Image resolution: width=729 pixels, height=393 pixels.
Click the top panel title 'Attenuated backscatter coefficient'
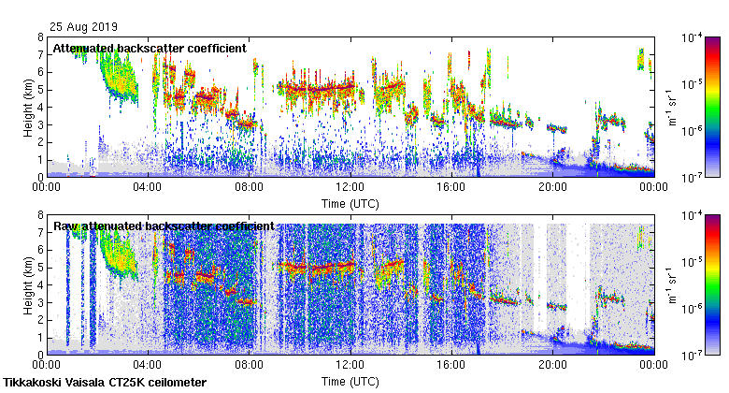coord(150,48)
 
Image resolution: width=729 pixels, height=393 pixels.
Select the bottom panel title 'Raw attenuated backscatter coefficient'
coord(164,226)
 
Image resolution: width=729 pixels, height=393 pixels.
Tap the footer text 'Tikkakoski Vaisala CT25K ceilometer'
coord(105,383)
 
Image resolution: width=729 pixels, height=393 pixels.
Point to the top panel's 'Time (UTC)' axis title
coord(350,203)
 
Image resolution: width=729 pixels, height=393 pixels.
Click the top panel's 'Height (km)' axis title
coord(28,107)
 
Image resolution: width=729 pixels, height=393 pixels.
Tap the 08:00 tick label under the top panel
coord(249,187)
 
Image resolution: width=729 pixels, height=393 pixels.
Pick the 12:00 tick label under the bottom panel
coord(350,365)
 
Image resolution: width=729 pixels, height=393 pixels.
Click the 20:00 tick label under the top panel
coord(552,187)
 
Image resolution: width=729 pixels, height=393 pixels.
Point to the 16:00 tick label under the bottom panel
coord(451,365)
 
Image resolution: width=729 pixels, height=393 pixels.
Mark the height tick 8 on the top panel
coord(40,37)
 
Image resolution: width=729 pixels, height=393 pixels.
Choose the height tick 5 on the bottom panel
coord(40,268)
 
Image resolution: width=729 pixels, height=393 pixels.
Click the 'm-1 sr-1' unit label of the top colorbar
coord(670,107)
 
